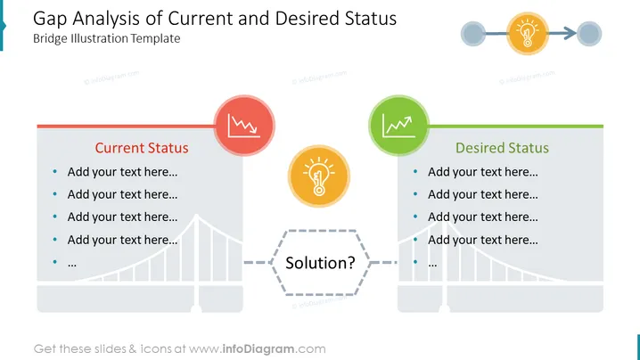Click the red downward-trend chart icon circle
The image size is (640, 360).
(244, 126)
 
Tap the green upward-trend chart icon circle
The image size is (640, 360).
(398, 126)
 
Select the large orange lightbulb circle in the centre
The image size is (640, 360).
(319, 176)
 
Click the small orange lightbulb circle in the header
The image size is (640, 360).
(528, 34)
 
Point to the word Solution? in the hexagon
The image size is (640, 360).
(320, 263)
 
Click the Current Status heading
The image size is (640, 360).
(142, 148)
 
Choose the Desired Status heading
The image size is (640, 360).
(502, 148)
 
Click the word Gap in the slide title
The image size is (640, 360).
(50, 20)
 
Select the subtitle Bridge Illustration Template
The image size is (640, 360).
(107, 38)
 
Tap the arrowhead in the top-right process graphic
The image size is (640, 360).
(570, 34)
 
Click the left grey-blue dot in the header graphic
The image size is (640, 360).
(473, 34)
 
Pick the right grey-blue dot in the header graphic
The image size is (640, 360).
(589, 34)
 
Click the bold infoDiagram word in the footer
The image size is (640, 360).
(258, 349)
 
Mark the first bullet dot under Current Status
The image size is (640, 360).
(54, 171)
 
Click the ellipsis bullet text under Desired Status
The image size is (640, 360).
(432, 265)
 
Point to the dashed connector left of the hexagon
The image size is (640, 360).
(258, 263)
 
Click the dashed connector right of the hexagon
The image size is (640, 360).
(383, 263)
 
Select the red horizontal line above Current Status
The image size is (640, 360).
(126, 127)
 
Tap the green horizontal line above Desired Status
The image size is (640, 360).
(515, 127)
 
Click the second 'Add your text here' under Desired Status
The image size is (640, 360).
(483, 194)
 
